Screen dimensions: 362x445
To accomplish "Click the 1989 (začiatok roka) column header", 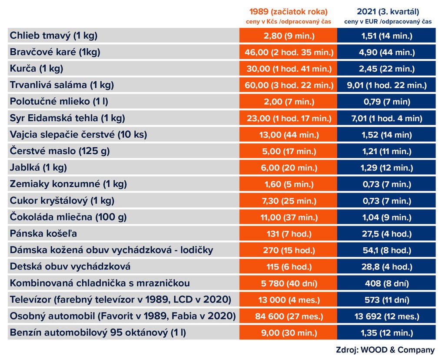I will pyautogui.click(x=288, y=12).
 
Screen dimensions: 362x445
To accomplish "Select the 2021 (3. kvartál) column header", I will pyautogui.click(x=388, y=12).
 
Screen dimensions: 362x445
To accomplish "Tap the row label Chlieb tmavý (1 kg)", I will pyautogui.click(x=54, y=36).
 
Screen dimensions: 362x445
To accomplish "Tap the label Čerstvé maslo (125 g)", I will pyautogui.click(x=60, y=151).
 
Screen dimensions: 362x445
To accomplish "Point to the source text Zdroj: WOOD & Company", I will pyautogui.click(x=385, y=350).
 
